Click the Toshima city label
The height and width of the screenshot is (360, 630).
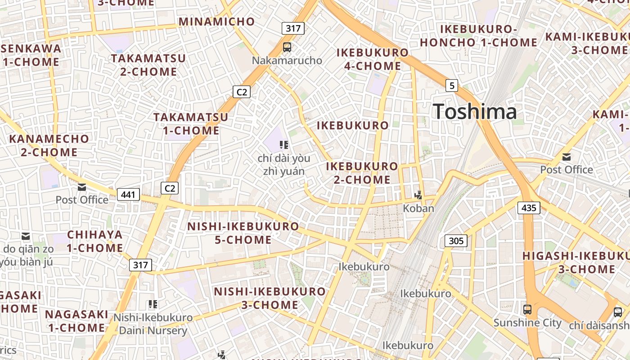[x=475, y=111]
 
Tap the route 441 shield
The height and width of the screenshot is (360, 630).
[x=128, y=194]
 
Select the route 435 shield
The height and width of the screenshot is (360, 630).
[x=529, y=207]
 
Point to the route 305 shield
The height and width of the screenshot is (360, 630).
[x=456, y=241]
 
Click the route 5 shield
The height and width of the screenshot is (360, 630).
[x=452, y=85]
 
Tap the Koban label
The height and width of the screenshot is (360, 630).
[x=418, y=208]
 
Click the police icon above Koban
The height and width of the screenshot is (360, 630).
[x=419, y=195]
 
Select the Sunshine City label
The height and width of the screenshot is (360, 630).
[x=527, y=323]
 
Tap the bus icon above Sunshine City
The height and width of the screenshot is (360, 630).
[x=527, y=310]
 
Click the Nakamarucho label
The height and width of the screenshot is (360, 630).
[x=287, y=60]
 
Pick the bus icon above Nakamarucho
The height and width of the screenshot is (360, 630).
[x=287, y=47]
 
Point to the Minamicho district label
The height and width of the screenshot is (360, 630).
[x=217, y=21]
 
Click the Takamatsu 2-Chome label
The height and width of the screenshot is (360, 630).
[x=148, y=65]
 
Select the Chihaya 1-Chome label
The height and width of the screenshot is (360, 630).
[x=95, y=241]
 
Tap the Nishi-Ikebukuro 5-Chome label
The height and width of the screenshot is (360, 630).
[x=243, y=233]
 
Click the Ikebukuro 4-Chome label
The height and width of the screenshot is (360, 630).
[x=373, y=59]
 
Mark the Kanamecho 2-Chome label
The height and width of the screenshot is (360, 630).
[x=49, y=145]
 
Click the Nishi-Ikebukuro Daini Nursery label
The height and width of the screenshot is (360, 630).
[x=153, y=324]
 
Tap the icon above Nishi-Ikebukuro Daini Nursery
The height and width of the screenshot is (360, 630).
[x=153, y=305]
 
